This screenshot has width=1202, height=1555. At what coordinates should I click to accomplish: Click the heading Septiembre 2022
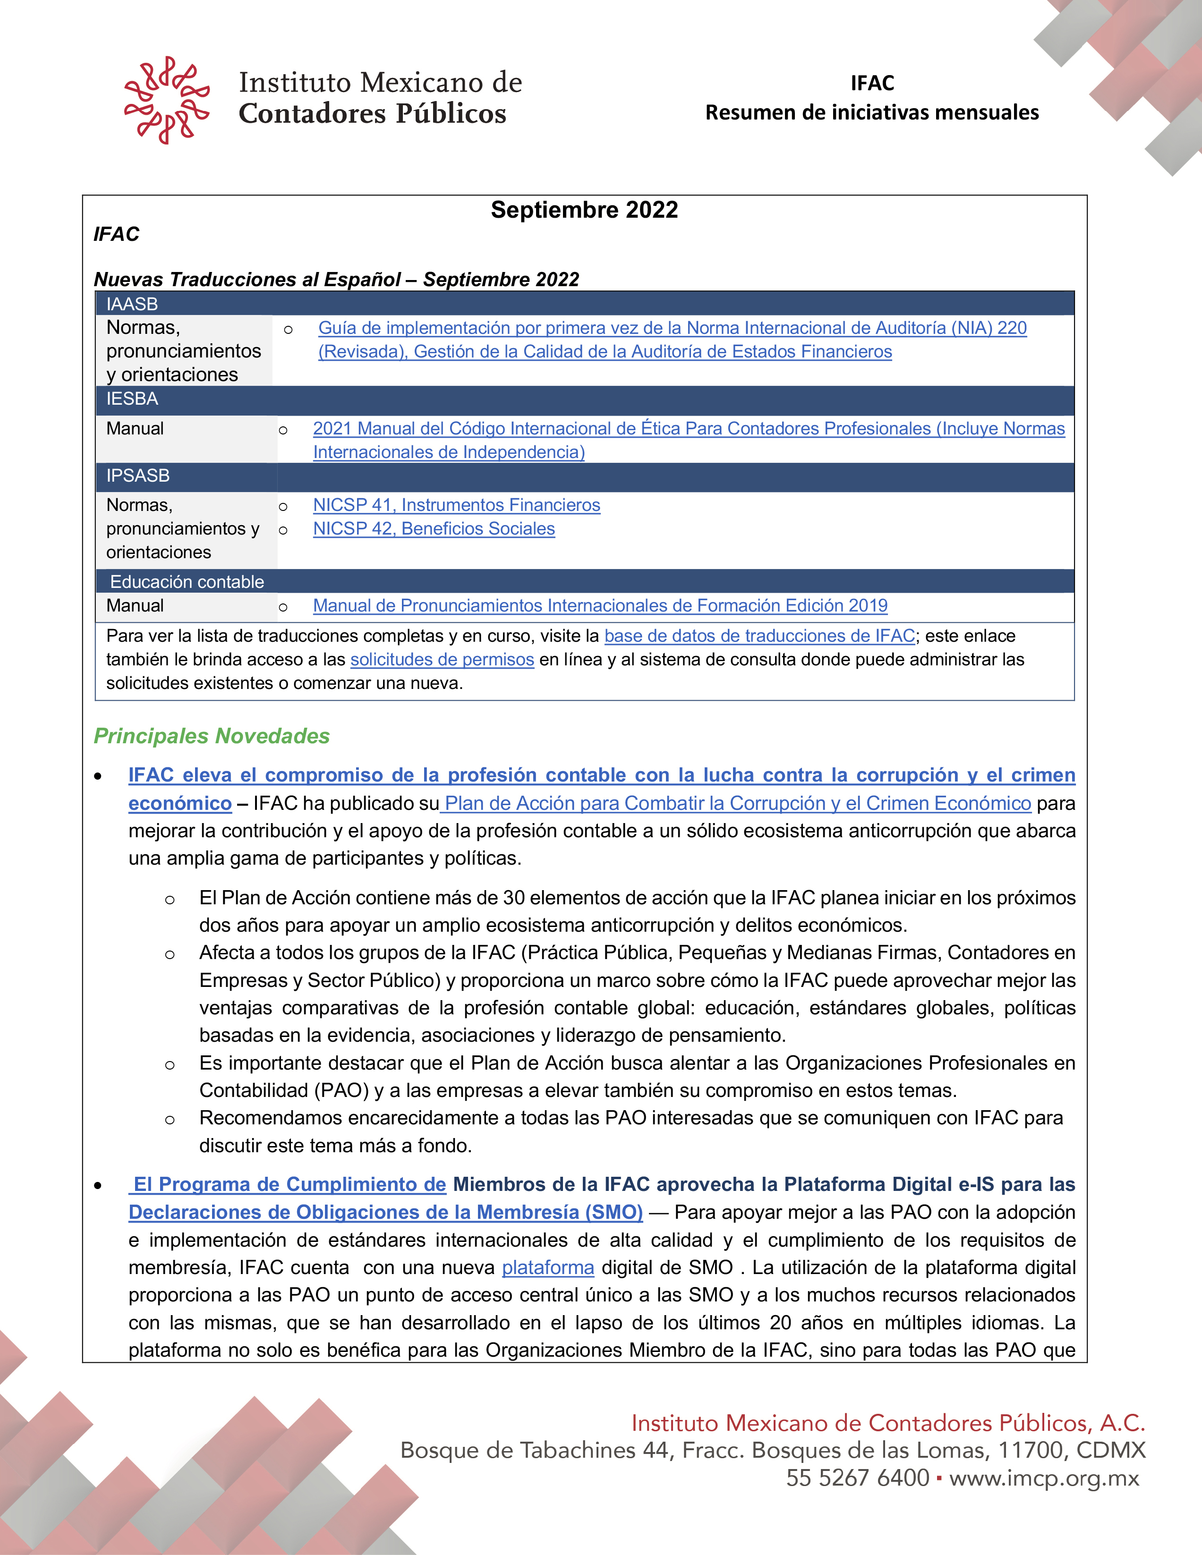click(584, 210)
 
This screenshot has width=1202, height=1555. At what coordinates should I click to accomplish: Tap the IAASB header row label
click(132, 304)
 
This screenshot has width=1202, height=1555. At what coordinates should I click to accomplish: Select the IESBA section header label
click(132, 399)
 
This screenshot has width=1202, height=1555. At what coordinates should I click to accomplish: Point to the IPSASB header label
click(137, 476)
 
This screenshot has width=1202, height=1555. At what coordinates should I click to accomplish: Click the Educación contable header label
click(187, 582)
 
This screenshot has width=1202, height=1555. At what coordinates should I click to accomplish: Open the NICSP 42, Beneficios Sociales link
click(434, 528)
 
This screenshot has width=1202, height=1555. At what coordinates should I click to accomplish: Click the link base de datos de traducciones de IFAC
click(759, 636)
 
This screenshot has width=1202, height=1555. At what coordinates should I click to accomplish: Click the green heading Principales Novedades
click(212, 736)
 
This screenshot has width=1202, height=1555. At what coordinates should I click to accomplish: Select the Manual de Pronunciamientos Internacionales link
click(599, 605)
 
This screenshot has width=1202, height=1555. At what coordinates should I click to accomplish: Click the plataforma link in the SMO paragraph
click(547, 1267)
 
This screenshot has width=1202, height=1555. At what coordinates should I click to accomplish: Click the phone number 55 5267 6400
click(857, 1478)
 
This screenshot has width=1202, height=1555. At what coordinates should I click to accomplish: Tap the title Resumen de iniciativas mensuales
click(871, 112)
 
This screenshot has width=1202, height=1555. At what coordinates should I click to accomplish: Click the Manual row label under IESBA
click(135, 429)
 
